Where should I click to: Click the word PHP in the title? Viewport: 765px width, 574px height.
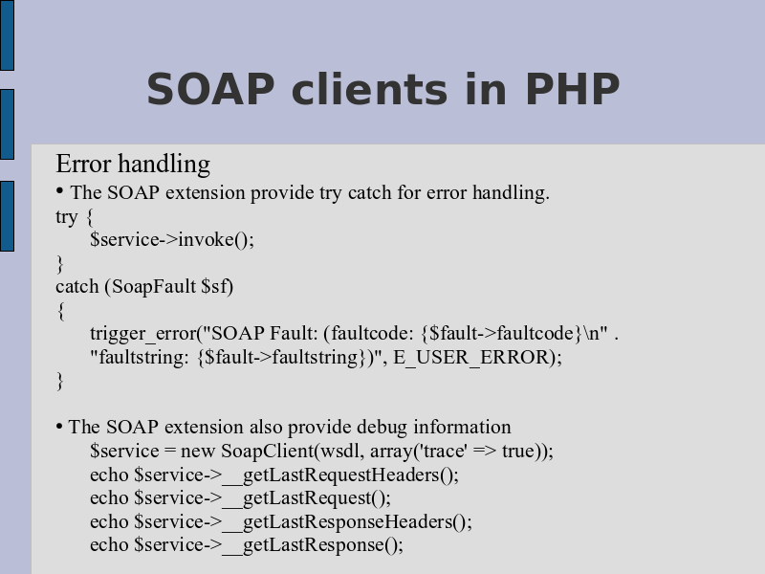pyautogui.click(x=573, y=89)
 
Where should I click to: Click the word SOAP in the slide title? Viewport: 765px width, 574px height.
pyautogui.click(x=210, y=89)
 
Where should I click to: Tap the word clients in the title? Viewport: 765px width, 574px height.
pyautogui.click(x=369, y=88)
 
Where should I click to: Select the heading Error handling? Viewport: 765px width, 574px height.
pyautogui.click(x=133, y=164)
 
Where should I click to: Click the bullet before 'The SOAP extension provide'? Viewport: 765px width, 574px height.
pyautogui.click(x=59, y=190)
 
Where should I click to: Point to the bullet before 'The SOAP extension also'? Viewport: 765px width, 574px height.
pyautogui.click(x=59, y=427)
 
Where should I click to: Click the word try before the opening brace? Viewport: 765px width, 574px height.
pyautogui.click(x=66, y=217)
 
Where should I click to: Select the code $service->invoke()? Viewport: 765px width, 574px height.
pyautogui.click(x=172, y=240)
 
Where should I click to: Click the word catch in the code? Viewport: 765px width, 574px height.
pyautogui.click(x=77, y=286)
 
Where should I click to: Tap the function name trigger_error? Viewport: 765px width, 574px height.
pyautogui.click(x=143, y=333)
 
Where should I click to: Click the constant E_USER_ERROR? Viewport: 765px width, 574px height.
pyautogui.click(x=471, y=357)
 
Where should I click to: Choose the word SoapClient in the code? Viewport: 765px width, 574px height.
pyautogui.click(x=268, y=451)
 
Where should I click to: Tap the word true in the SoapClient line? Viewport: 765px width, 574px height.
pyautogui.click(x=519, y=451)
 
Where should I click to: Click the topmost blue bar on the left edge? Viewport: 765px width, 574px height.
pyautogui.click(x=7, y=35)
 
